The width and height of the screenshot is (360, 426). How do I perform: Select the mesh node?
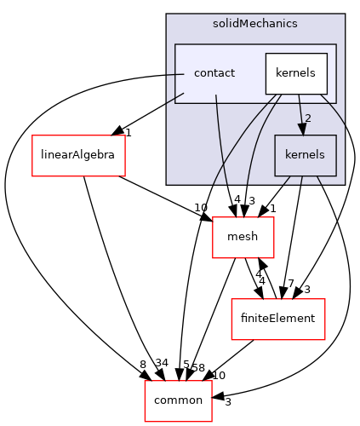pyautogui.click(x=243, y=238)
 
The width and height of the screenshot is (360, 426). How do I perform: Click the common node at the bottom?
pyautogui.click(x=178, y=400)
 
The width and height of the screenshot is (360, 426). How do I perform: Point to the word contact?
pyautogui.click(x=214, y=73)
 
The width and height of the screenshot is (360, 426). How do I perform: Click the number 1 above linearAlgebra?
pyautogui.click(x=128, y=132)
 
